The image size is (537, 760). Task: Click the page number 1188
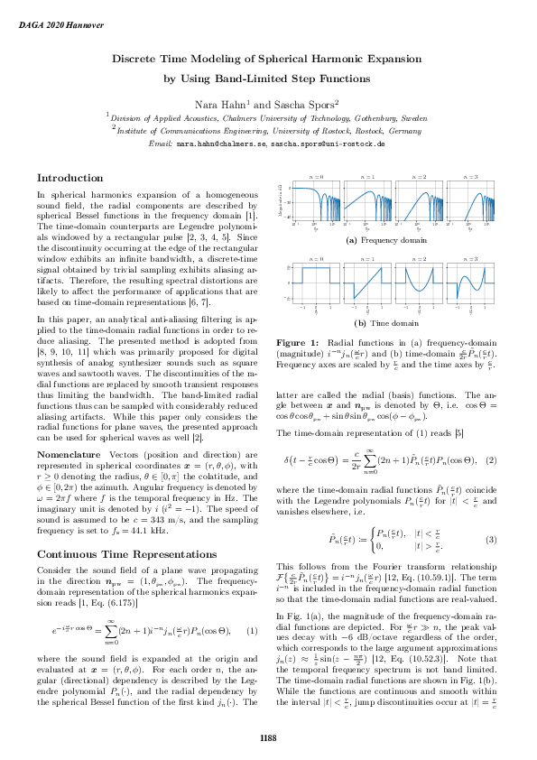[x=268, y=738]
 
